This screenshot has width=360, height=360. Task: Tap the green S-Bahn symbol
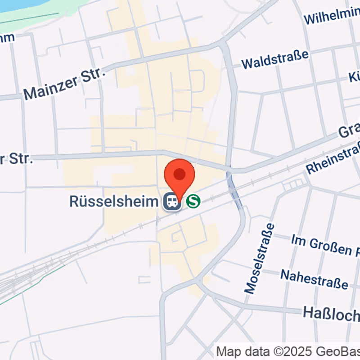[193, 201]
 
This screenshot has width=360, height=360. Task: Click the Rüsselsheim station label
[114, 201]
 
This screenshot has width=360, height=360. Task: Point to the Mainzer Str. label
[64, 84]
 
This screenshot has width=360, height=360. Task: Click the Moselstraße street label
[259, 258]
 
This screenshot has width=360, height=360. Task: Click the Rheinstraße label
[333, 157]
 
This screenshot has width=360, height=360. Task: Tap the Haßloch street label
[331, 313]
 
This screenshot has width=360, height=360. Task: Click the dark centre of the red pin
[180, 174]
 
